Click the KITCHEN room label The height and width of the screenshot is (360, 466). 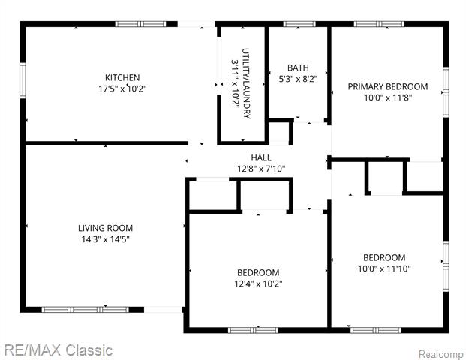coord(122,77)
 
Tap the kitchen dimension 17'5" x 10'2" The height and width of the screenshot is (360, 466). coord(122,88)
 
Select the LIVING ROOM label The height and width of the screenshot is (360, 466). coord(105,228)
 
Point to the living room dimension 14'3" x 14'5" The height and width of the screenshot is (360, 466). coord(105,239)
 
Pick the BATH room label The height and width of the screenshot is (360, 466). coord(298,67)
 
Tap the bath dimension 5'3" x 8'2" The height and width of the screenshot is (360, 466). coord(298,78)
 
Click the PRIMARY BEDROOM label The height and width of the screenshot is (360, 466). coord(387,86)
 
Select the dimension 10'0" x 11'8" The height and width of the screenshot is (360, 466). coord(387,97)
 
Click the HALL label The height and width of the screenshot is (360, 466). coord(261,157)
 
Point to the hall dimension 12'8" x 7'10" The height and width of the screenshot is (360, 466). coord(261,168)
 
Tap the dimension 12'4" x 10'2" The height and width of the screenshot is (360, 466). coord(258,283)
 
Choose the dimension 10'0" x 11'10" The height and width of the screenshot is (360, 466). coord(384,268)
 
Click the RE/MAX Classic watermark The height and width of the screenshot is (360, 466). coord(58,349)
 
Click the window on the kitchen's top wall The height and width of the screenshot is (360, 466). coord(140,24)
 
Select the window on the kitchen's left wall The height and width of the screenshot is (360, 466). coord(23,79)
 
